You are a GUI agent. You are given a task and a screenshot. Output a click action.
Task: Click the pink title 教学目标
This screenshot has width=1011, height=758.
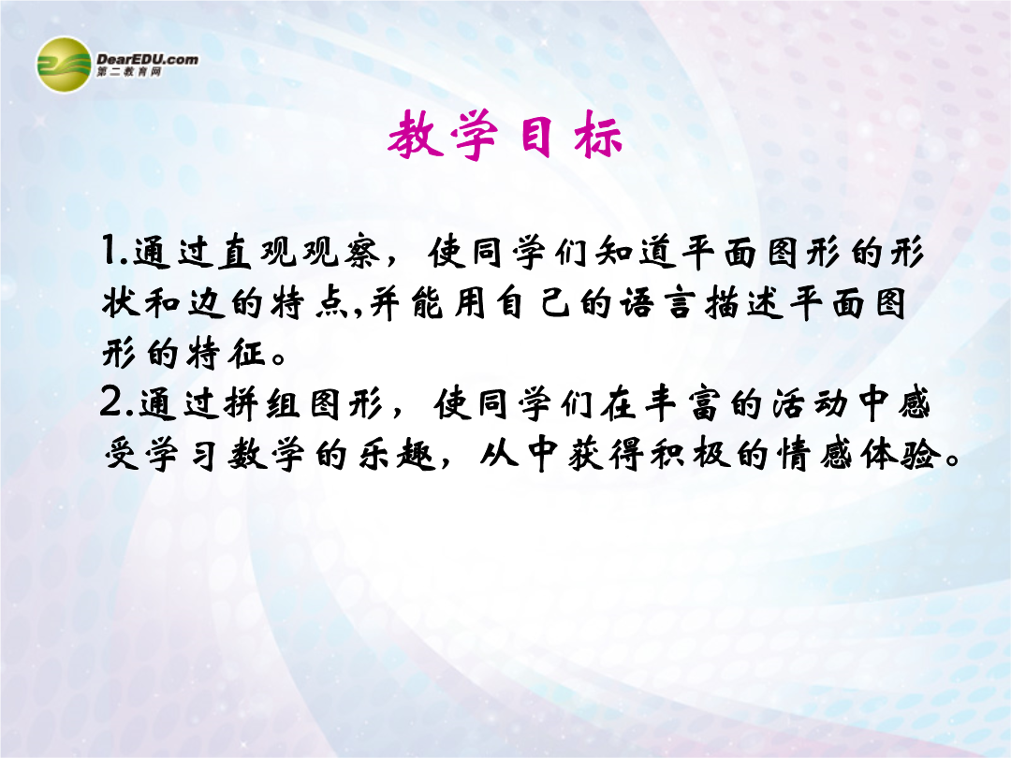click(x=505, y=135)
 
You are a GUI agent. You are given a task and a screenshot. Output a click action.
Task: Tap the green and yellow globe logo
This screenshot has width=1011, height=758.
click(x=64, y=65)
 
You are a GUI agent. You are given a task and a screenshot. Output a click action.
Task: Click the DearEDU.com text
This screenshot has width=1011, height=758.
click(x=147, y=59)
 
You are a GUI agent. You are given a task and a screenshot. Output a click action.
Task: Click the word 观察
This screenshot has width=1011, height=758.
click(x=342, y=252)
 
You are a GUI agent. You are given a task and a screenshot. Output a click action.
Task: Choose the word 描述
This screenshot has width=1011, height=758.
click(x=745, y=303)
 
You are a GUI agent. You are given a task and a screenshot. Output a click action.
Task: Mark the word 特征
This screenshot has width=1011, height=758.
click(x=226, y=353)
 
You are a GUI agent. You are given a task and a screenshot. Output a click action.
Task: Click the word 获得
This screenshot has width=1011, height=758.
click(x=606, y=455)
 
